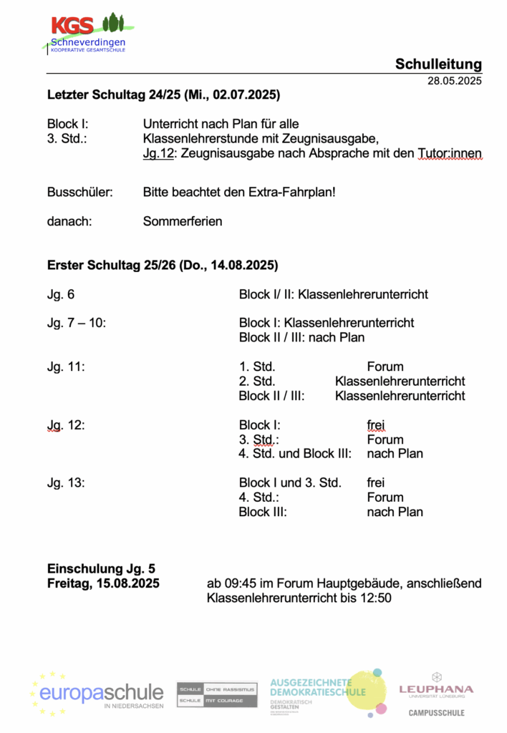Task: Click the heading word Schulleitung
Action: pyautogui.click(x=438, y=64)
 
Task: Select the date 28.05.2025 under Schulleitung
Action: pyautogui.click(x=455, y=80)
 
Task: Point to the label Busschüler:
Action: pyautogui.click(x=77, y=193)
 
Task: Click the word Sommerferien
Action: pyautogui.click(x=183, y=221)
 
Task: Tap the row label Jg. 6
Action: pyautogui.click(x=60, y=294)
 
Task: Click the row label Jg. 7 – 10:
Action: pyautogui.click(x=77, y=323)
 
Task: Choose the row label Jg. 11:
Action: pyautogui.click(x=66, y=366)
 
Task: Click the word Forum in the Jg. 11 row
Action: pyautogui.click(x=385, y=366)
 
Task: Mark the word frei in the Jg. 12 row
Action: pyautogui.click(x=376, y=424)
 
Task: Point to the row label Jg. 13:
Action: pyautogui.click(x=66, y=482)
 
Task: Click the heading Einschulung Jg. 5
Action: pyautogui.click(x=101, y=569)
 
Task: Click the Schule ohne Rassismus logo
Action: pyautogui.click(x=217, y=694)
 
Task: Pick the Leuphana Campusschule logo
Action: pyautogui.click(x=436, y=694)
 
